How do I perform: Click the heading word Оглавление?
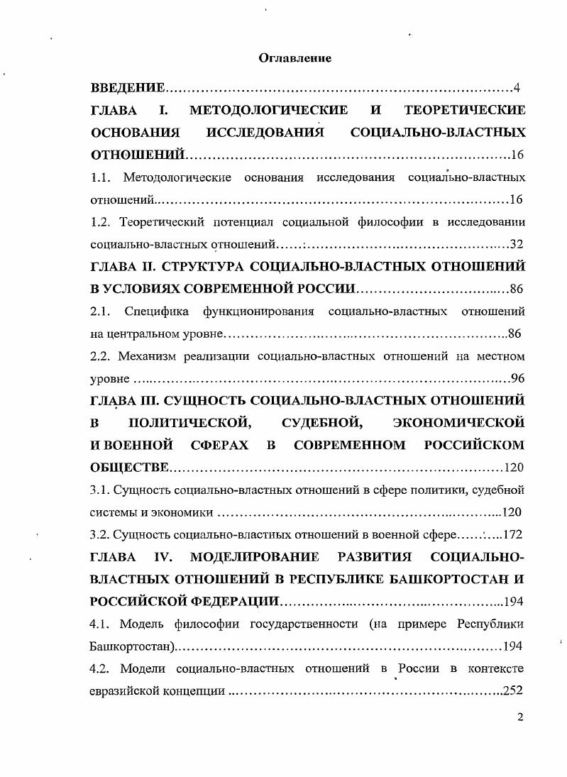[x=294, y=57]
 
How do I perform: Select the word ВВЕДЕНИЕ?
[x=128, y=88]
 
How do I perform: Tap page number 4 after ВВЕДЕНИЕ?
[x=517, y=88]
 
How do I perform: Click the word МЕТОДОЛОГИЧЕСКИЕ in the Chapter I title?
[x=269, y=110]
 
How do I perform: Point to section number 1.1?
[x=101, y=177]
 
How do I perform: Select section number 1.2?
[x=102, y=222]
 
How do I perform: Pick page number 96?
[x=517, y=378]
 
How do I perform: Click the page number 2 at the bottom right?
[x=520, y=717]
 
